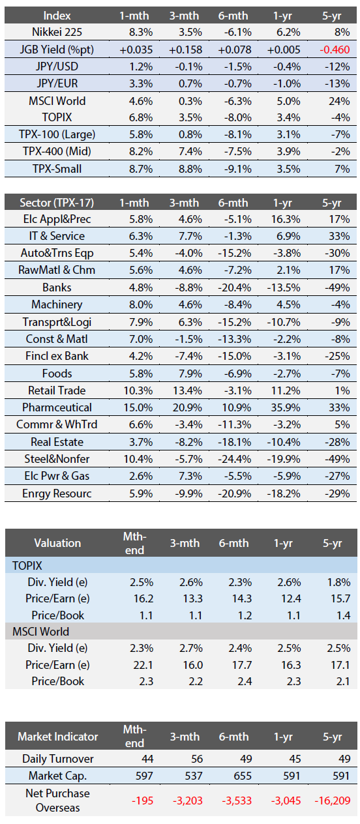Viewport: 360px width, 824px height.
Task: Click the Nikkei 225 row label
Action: click(57, 33)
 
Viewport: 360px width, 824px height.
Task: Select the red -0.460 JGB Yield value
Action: click(335, 50)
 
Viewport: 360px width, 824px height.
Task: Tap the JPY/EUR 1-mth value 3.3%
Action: click(141, 84)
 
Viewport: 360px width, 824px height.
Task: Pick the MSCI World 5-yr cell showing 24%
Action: click(339, 101)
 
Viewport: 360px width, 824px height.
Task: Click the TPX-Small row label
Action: click(57, 169)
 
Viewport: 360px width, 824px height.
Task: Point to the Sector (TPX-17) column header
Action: click(57, 203)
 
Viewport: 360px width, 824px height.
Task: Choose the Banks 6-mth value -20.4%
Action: click(235, 287)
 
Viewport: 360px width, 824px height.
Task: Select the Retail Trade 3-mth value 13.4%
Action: click(187, 390)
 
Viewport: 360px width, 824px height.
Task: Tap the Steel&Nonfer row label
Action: click(57, 459)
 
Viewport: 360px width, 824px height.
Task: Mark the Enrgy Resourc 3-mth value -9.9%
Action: click(189, 493)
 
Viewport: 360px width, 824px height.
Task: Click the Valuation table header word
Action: click(57, 543)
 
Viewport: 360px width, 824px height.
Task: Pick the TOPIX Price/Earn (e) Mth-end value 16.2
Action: click(143, 598)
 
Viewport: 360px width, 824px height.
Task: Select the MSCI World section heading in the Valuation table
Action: click(41, 632)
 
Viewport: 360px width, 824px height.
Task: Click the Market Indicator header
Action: click(58, 737)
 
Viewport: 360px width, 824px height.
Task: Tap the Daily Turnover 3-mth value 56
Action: click(197, 759)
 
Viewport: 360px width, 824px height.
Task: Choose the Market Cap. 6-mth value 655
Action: click(242, 776)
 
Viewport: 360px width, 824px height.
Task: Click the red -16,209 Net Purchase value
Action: click(333, 801)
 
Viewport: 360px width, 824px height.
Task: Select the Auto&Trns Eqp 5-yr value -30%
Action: click(337, 254)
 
